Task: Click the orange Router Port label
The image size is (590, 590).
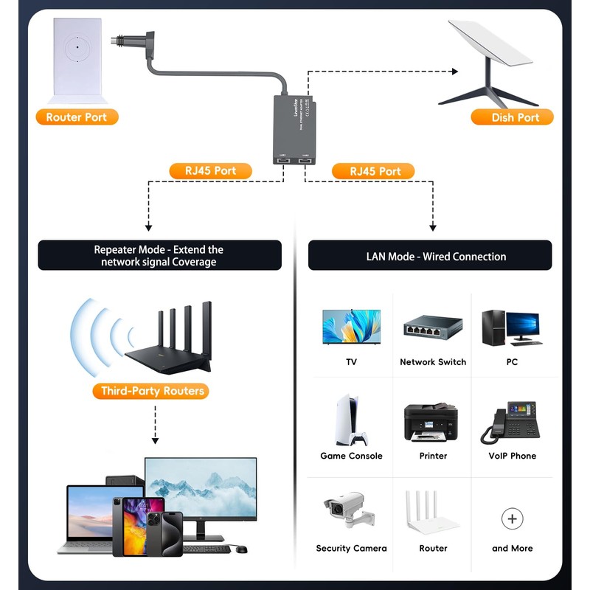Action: (x=77, y=117)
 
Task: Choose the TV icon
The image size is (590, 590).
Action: (x=351, y=326)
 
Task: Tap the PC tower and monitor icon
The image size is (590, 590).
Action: (x=512, y=327)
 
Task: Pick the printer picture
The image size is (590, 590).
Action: (x=432, y=423)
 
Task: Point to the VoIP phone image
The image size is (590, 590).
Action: (x=512, y=422)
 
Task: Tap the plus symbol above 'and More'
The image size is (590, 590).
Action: (x=512, y=518)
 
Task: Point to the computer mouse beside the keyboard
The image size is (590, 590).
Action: (x=241, y=549)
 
